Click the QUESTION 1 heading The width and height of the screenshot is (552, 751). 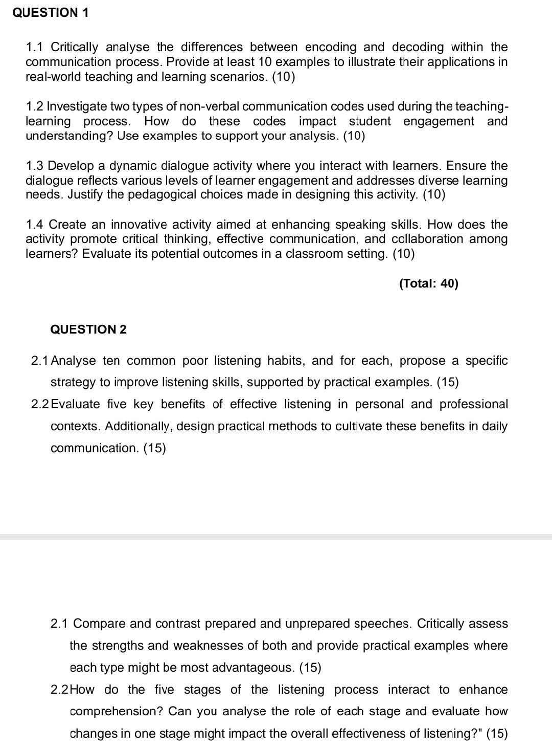50,13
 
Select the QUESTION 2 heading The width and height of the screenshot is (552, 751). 88,329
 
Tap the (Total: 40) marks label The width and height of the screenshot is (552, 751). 429,283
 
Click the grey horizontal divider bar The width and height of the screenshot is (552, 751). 276,537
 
